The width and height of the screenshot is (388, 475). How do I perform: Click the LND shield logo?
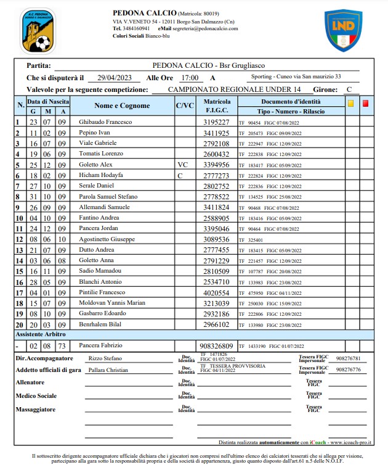coord(343,30)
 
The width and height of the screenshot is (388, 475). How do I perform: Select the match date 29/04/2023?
coord(116,78)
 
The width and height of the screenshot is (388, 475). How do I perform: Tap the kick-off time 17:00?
coord(189,78)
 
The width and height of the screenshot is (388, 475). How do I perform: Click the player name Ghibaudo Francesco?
coord(105,122)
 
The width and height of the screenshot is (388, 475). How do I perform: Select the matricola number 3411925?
coord(216,133)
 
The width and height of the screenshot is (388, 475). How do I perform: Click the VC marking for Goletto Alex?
coord(182,165)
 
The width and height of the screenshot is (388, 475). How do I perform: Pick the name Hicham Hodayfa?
coord(102,176)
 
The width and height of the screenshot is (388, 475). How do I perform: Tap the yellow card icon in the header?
coord(350,104)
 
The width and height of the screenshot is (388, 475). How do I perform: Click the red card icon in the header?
coord(365,104)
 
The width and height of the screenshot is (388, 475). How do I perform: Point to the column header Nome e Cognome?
coord(122,105)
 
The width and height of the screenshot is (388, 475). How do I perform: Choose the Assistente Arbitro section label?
coord(41,334)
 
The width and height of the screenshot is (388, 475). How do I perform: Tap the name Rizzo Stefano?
coord(105,358)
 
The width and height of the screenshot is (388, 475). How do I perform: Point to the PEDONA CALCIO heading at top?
coord(144,13)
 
